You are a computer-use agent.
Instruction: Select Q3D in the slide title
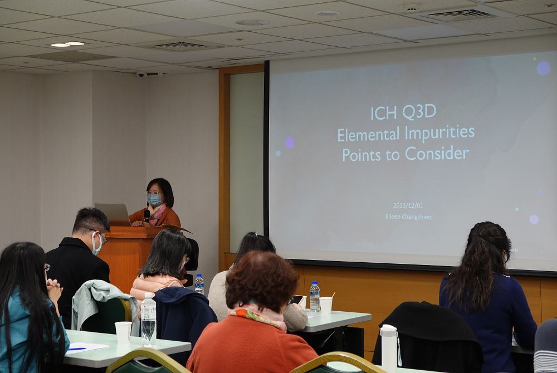(419, 112)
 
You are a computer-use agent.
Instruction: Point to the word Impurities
(440, 133)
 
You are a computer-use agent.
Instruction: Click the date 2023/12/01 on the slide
(408, 205)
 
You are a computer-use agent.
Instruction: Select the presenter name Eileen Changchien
(408, 217)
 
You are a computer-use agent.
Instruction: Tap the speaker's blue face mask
(154, 199)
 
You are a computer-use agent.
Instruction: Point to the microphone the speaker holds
(146, 215)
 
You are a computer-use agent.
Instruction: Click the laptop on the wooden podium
(113, 214)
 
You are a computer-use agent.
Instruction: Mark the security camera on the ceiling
(141, 75)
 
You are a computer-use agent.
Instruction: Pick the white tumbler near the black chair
(389, 348)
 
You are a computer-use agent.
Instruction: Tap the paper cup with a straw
(326, 304)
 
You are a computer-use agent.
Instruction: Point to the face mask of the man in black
(96, 244)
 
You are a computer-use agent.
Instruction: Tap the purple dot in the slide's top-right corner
(543, 68)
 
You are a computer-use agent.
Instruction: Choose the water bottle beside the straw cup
(314, 296)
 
